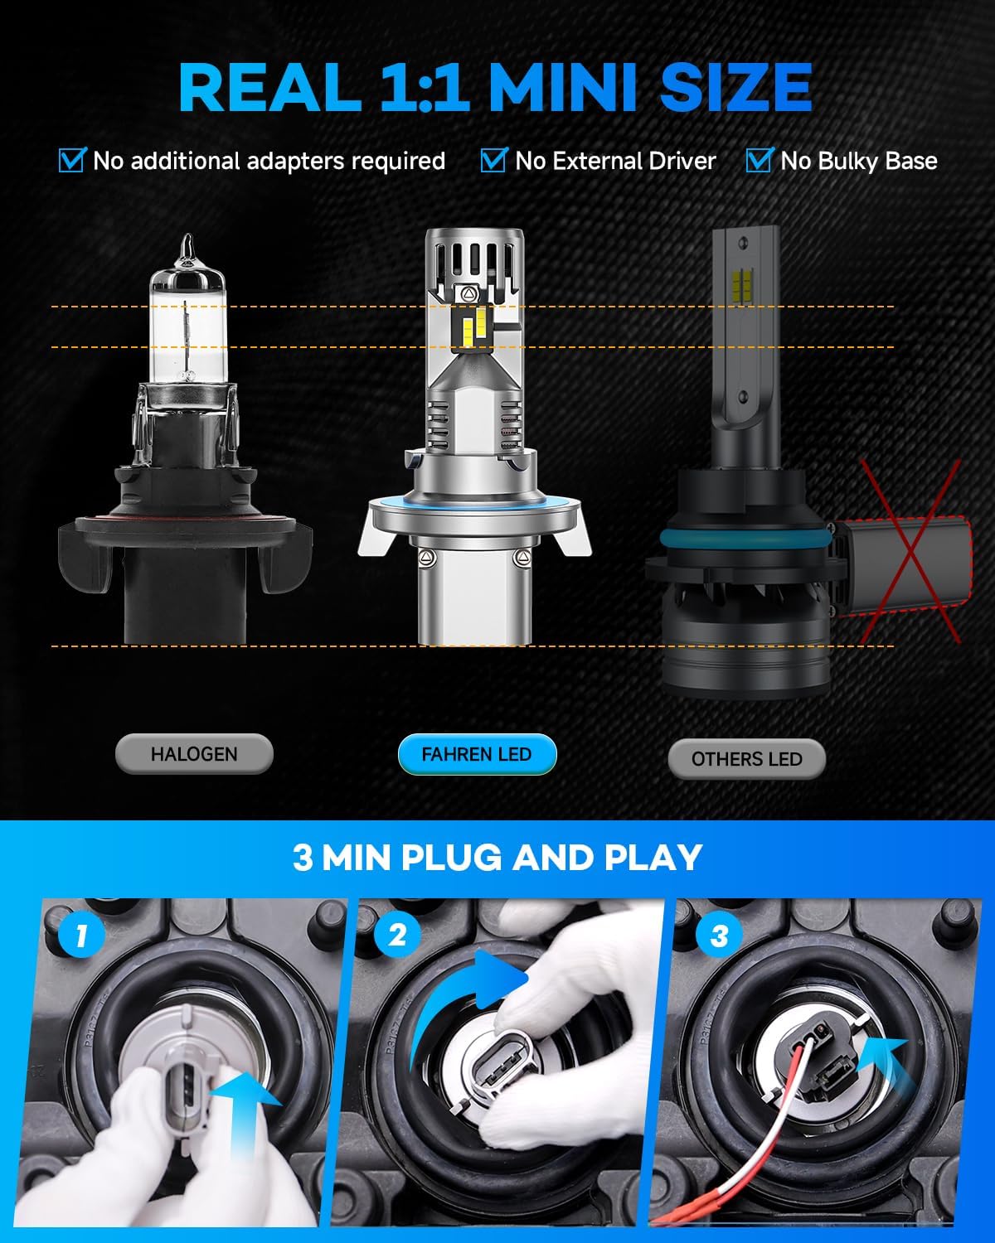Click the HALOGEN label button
pos(194,754)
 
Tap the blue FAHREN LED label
pos(477,754)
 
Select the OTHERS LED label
pos(746,759)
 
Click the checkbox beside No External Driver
pos(493,160)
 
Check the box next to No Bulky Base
pos(759,160)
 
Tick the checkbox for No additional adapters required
pos(72,160)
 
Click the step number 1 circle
pos(81,936)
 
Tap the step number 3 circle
pos(719,936)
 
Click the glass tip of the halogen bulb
pos(187,249)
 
